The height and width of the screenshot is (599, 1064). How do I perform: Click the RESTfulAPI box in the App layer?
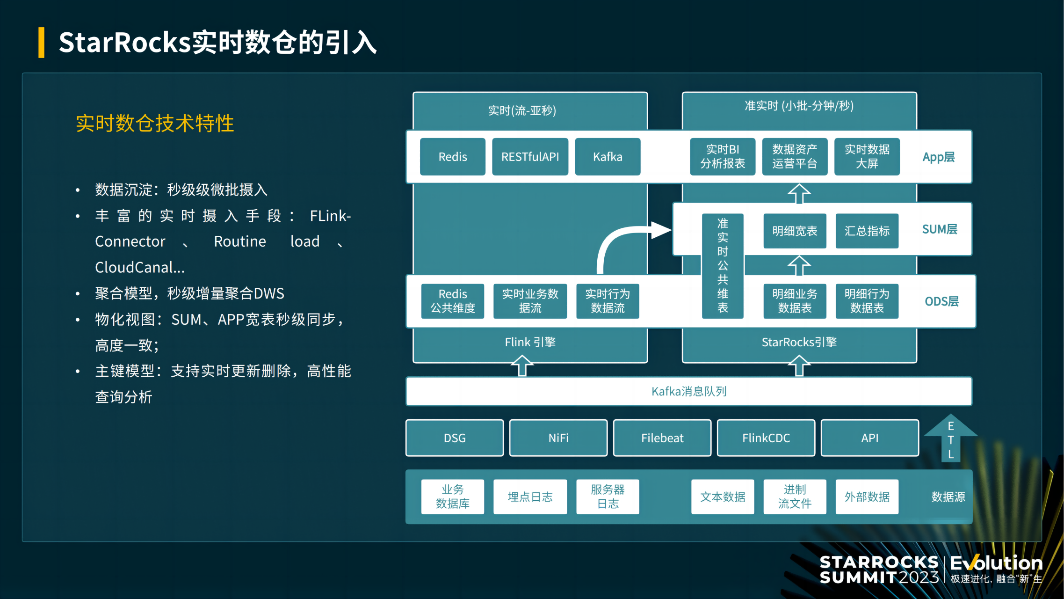pyautogui.click(x=530, y=157)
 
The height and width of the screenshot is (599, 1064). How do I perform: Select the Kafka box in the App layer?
pyautogui.click(x=608, y=157)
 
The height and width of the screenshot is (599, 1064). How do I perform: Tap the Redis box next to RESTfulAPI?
pyautogui.click(x=452, y=157)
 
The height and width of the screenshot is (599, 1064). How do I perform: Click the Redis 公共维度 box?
pyautogui.click(x=452, y=301)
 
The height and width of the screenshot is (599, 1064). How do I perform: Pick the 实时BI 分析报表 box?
pyautogui.click(x=723, y=157)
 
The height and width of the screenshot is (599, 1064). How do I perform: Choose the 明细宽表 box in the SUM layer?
pyautogui.click(x=795, y=231)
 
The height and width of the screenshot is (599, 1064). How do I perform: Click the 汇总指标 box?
pyautogui.click(x=867, y=231)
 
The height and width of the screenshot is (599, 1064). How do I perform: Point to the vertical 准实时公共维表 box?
pyautogui.click(x=723, y=265)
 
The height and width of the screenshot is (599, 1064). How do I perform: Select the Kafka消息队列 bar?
pyautogui.click(x=688, y=391)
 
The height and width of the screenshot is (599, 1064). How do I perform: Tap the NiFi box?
pyautogui.click(x=558, y=438)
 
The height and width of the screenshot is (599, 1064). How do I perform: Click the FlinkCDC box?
pyautogui.click(x=766, y=438)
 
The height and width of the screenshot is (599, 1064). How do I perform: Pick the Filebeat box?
pyautogui.click(x=662, y=438)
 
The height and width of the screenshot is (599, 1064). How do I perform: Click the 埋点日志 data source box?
pyautogui.click(x=530, y=497)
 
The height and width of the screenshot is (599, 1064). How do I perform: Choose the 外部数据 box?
pyautogui.click(x=867, y=497)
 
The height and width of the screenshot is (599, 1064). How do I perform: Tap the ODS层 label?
pyautogui.click(x=941, y=301)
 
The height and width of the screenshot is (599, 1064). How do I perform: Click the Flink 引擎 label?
pyautogui.click(x=530, y=342)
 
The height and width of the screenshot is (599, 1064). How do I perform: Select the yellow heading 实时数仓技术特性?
pyautogui.click(x=155, y=124)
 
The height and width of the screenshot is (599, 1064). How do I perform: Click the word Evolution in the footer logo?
pyautogui.click(x=996, y=562)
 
